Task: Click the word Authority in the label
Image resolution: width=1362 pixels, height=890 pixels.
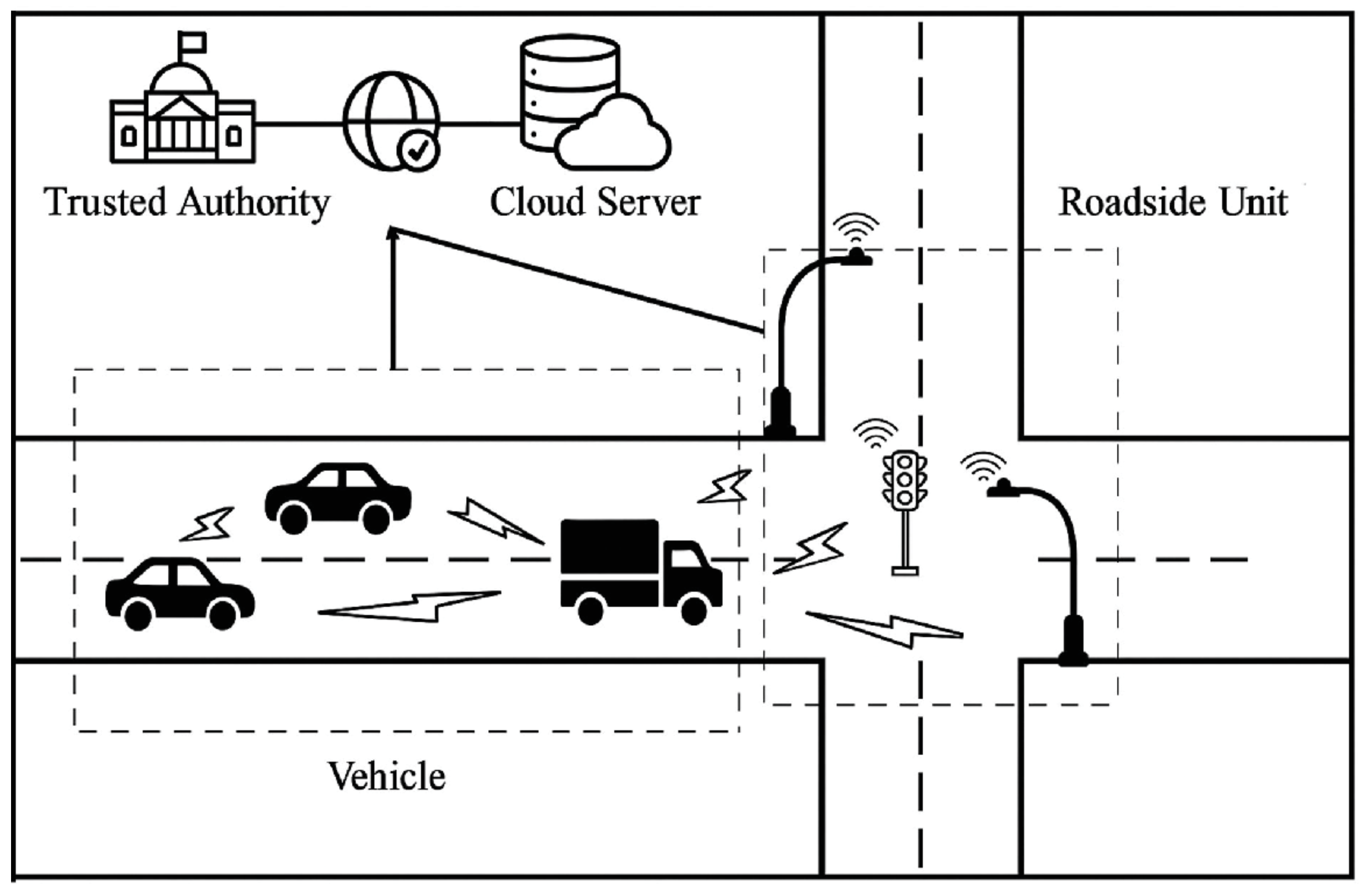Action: click(x=253, y=203)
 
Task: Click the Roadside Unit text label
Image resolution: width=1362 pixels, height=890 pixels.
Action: click(x=1173, y=203)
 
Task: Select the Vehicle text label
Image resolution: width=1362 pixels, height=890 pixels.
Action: click(x=386, y=777)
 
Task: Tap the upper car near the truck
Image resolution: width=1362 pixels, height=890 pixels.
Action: click(x=337, y=498)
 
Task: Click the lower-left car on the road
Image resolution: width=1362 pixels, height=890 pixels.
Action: click(x=180, y=593)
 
